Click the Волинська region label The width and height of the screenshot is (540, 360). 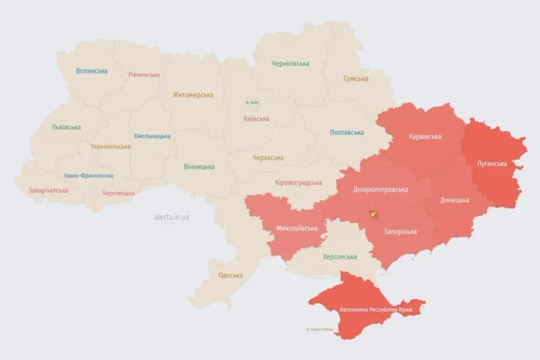(91, 71)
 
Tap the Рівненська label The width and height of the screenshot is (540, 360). (143, 75)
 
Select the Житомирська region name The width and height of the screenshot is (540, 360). (193, 95)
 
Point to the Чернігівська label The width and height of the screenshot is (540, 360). (289, 64)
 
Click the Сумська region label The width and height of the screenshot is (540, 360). (355, 79)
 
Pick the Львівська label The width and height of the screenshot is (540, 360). (66, 127)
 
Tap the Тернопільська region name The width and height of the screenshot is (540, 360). (110, 146)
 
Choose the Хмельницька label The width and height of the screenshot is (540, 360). (152, 136)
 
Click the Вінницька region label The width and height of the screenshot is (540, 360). (199, 166)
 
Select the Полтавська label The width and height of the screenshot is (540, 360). (346, 133)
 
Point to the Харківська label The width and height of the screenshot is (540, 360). (425, 136)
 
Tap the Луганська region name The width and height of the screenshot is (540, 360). (491, 163)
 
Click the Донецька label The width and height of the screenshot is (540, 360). (454, 200)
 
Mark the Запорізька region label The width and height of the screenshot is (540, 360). (400, 232)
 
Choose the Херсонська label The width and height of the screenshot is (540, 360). (340, 256)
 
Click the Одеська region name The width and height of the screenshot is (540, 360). (230, 275)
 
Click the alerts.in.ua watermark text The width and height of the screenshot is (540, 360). (172, 217)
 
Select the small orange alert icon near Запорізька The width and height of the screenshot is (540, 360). (373, 214)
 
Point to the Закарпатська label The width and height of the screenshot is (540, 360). (48, 190)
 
